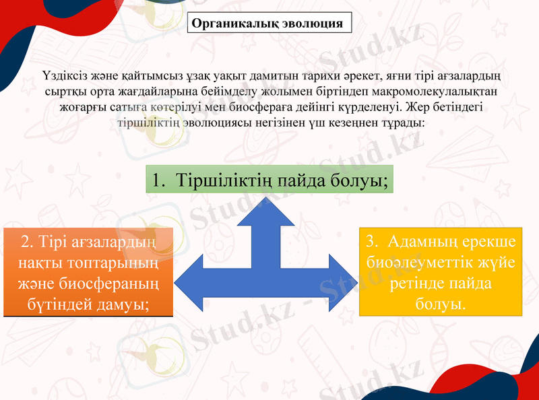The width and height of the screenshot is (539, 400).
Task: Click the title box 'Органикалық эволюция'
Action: click(269, 22)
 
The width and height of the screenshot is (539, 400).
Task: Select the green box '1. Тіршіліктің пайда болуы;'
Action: click(269, 180)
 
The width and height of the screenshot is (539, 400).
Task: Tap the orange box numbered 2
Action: click(88, 272)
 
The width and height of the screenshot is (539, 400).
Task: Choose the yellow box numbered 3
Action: click(441, 272)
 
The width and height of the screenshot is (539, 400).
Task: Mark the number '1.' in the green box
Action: click(159, 180)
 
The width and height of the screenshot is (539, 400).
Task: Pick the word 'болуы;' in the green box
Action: click(360, 180)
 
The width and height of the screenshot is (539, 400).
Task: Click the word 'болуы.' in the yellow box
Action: click(441, 304)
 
